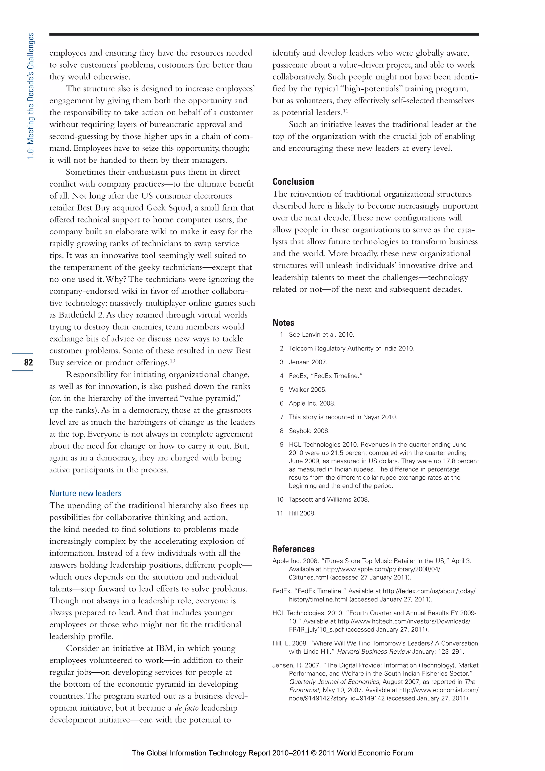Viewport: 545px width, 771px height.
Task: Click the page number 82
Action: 28,362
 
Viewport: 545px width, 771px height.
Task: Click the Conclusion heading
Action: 293,182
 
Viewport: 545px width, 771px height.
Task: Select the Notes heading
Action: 283,323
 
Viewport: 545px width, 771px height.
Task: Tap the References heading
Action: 293,549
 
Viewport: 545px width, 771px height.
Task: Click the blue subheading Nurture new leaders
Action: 85,493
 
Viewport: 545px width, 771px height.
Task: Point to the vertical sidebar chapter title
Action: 31,96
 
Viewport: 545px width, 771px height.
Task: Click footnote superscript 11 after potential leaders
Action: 345,111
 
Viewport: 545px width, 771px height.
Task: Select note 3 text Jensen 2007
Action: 308,362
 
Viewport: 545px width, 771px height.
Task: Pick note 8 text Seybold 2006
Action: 309,431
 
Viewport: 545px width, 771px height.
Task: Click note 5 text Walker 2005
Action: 308,390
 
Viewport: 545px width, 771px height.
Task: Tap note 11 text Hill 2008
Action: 302,513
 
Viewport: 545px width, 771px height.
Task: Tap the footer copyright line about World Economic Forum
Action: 272,753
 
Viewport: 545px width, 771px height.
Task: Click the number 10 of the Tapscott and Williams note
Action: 280,500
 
